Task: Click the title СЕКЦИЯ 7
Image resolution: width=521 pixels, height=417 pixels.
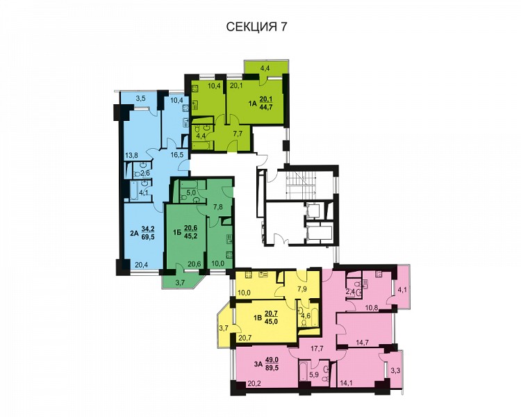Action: pyautogui.click(x=256, y=27)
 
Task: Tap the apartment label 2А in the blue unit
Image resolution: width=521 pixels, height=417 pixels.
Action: pyautogui.click(x=134, y=233)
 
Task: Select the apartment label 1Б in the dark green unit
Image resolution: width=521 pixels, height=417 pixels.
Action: pyautogui.click(x=177, y=233)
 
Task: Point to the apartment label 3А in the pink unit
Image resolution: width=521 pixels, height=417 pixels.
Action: pyautogui.click(x=258, y=363)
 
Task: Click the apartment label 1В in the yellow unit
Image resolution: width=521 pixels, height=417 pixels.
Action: pyautogui.click(x=258, y=317)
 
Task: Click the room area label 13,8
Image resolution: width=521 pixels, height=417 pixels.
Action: pyautogui.click(x=131, y=154)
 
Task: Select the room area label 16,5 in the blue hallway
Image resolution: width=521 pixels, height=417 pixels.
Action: pyautogui.click(x=177, y=154)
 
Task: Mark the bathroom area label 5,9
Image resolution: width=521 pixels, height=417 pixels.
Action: pyautogui.click(x=315, y=375)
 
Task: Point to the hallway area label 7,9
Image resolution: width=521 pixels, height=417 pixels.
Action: pyautogui.click(x=304, y=288)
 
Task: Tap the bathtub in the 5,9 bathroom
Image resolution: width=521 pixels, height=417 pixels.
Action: pyautogui.click(x=304, y=372)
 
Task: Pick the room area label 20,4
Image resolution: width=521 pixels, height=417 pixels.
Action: pyautogui.click(x=142, y=265)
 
